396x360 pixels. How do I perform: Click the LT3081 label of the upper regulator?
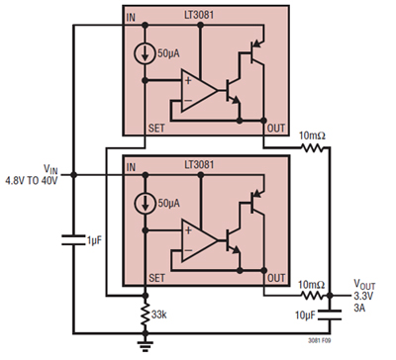pyautogui.click(x=199, y=18)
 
